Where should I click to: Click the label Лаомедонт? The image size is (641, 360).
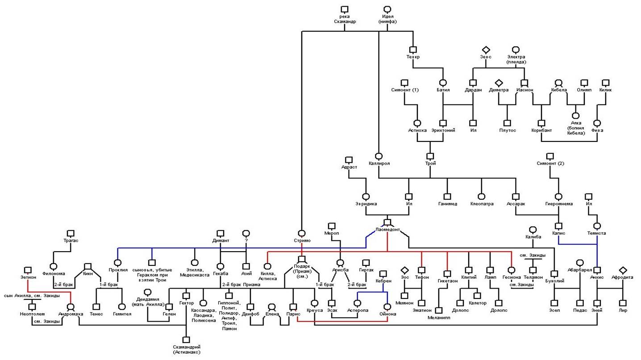click(387, 230)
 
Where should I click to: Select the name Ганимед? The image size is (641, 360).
click(447, 204)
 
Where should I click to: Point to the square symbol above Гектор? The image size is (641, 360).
click(186, 296)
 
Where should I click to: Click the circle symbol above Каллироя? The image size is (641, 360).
click(379, 156)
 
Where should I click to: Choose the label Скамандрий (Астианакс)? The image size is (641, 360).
click(187, 350)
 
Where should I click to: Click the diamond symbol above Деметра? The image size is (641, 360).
click(499, 83)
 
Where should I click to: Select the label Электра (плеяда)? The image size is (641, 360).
click(516, 59)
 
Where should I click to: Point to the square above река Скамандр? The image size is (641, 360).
click(344, 9)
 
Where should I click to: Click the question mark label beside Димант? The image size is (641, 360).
click(246, 241)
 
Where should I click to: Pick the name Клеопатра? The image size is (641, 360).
click(482, 204)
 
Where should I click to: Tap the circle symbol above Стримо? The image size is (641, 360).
click(302, 233)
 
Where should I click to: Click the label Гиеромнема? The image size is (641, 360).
click(558, 204)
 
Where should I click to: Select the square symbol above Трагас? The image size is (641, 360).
click(70, 233)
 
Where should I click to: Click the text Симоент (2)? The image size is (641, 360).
click(550, 163)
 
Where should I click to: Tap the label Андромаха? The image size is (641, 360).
click(71, 314)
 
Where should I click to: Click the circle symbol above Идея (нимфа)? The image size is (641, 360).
click(387, 9)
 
